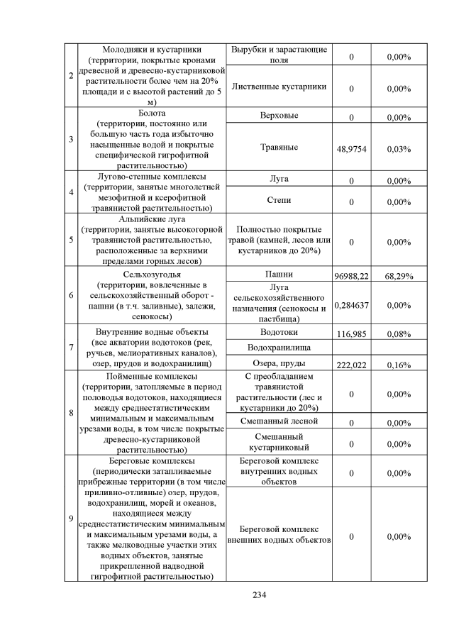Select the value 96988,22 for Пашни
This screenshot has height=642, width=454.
tap(350, 275)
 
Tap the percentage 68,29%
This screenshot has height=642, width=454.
tap(399, 275)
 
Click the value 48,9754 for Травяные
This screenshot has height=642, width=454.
tap(350, 149)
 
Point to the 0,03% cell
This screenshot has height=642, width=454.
tap(399, 149)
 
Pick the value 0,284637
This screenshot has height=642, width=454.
tap(350, 305)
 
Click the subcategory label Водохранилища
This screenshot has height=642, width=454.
tap(279, 348)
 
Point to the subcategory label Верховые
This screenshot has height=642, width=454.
tap(279, 115)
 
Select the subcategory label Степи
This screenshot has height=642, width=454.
tap(279, 201)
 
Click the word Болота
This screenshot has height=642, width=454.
tap(153, 113)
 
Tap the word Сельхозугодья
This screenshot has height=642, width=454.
tap(153, 273)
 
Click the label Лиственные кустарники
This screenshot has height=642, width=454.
tap(279, 87)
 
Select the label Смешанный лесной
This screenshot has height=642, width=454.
tap(279, 421)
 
